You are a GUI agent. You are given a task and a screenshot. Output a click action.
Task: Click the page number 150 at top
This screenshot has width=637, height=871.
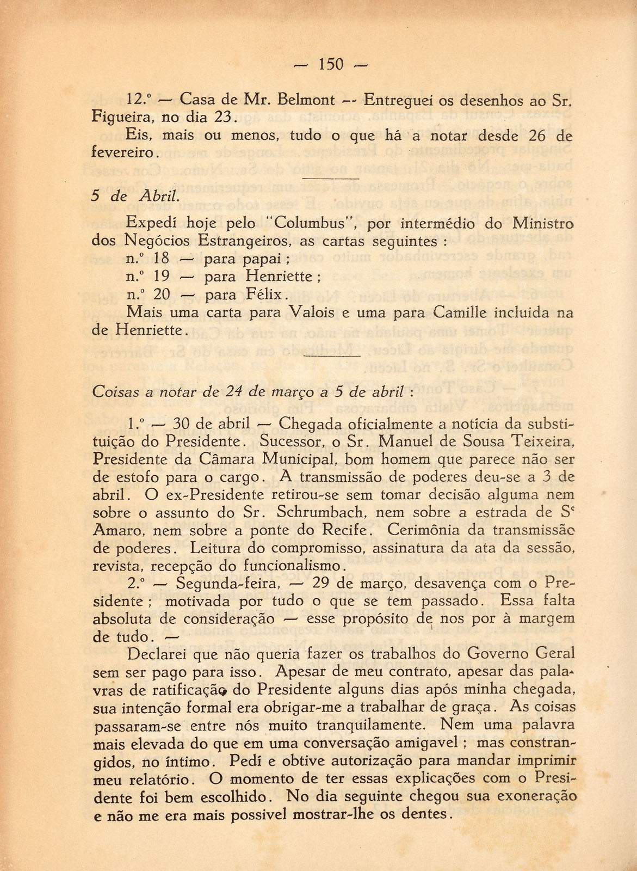click(331, 64)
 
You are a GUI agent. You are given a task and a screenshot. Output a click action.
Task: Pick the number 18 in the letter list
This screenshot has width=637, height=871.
click(162, 259)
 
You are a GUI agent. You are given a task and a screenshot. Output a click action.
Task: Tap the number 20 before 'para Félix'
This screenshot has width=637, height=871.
click(162, 295)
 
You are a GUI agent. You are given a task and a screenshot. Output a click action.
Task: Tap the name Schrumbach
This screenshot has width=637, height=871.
click(316, 512)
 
